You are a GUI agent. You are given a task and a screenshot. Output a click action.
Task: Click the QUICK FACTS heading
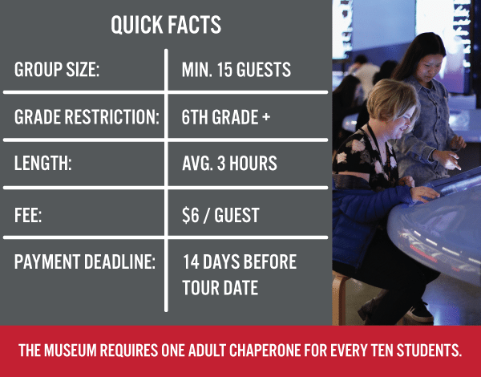pos(166,25)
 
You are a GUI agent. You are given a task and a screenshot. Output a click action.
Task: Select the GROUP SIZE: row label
pos(57,71)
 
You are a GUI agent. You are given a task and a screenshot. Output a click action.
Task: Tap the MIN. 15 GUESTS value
pos(236,71)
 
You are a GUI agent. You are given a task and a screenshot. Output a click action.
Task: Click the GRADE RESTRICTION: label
pos(87,117)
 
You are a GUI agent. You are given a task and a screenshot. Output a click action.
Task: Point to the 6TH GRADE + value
pos(226,117)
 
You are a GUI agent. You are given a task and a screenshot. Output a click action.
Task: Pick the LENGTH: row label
pos(43,164)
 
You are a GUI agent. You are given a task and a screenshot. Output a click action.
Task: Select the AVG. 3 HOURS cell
pos(229,164)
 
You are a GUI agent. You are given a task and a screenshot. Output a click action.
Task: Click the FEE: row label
pos(30,216)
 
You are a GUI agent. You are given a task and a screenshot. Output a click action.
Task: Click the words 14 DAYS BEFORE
pos(239,262)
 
